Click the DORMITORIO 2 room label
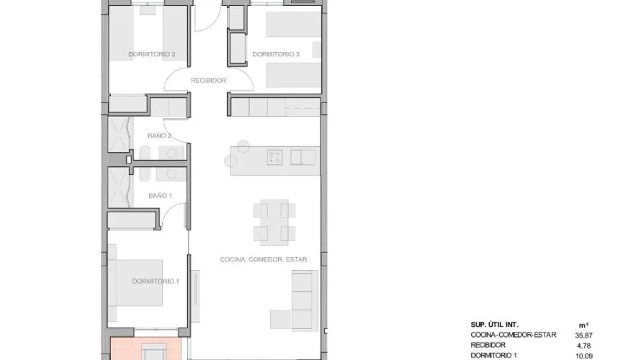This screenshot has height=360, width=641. (152, 54)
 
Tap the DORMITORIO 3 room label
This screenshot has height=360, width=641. (276, 54)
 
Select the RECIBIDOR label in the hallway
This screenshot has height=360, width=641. (208, 81)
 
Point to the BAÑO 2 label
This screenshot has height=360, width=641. (159, 135)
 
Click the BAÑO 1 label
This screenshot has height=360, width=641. (160, 196)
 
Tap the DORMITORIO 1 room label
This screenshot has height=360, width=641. (156, 281)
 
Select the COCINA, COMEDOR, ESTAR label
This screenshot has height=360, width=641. (264, 259)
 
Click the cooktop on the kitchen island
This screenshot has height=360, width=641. (274, 158)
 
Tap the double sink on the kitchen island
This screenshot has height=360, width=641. (303, 158)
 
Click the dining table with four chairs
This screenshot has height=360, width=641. (274, 222)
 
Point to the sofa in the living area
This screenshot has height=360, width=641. (305, 300)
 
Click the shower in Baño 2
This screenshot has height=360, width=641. (120, 135)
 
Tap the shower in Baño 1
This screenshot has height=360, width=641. (120, 187)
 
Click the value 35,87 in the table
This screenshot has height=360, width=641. (584, 336)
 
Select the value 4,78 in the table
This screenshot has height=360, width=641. (584, 346)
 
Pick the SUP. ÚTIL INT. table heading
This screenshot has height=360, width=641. (494, 325)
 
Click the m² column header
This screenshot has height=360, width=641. (584, 325)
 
